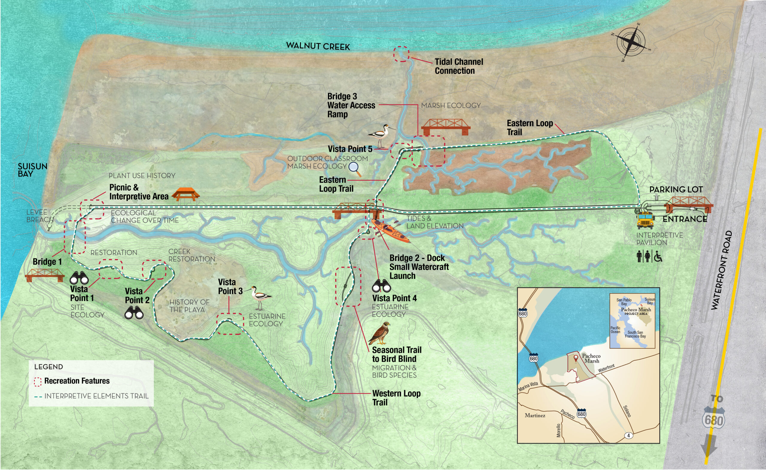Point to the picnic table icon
[x=186, y=194]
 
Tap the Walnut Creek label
[x=318, y=46]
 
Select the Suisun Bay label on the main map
[x=32, y=170]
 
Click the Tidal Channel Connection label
[x=458, y=66]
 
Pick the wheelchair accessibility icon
[x=658, y=257]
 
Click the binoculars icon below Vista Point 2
[x=134, y=313]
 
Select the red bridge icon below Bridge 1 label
[x=45, y=275]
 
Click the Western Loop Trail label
[x=396, y=398]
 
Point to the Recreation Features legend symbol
[x=38, y=382]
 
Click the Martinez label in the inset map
[x=535, y=415]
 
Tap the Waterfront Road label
[x=721, y=271]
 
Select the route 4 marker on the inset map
[x=628, y=436]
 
